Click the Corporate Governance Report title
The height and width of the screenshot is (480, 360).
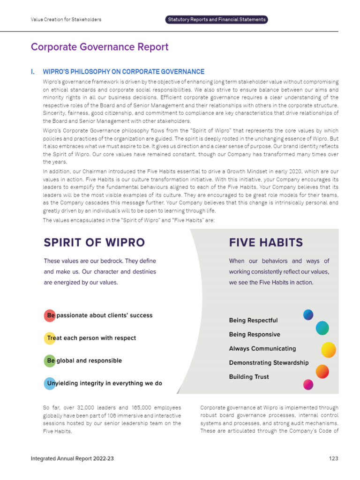point(99,47)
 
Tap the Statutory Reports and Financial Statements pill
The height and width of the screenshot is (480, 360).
point(216,20)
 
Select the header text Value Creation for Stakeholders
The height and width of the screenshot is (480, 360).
point(66,20)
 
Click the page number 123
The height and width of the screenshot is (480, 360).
point(333,458)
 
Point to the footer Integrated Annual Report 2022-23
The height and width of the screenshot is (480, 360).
point(72,458)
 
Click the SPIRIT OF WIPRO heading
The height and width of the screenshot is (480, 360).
point(94,242)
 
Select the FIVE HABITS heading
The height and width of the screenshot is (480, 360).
point(266,242)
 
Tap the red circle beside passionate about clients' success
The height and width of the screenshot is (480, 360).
point(50,315)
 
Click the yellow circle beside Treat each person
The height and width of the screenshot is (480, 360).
point(50,338)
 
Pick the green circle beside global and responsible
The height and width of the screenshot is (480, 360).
point(50,360)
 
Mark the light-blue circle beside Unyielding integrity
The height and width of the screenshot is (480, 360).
point(50,383)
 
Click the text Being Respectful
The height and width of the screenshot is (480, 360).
point(253,321)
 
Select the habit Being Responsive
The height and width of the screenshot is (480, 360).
point(255,335)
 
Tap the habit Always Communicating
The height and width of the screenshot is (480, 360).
point(262,349)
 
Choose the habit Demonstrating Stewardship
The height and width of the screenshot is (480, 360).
point(269,363)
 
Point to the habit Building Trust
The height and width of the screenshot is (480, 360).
point(249,377)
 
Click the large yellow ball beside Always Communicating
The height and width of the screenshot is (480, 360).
point(328,350)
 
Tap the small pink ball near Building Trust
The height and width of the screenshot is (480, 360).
point(308,385)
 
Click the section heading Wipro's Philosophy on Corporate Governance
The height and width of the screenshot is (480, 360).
point(123,72)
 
